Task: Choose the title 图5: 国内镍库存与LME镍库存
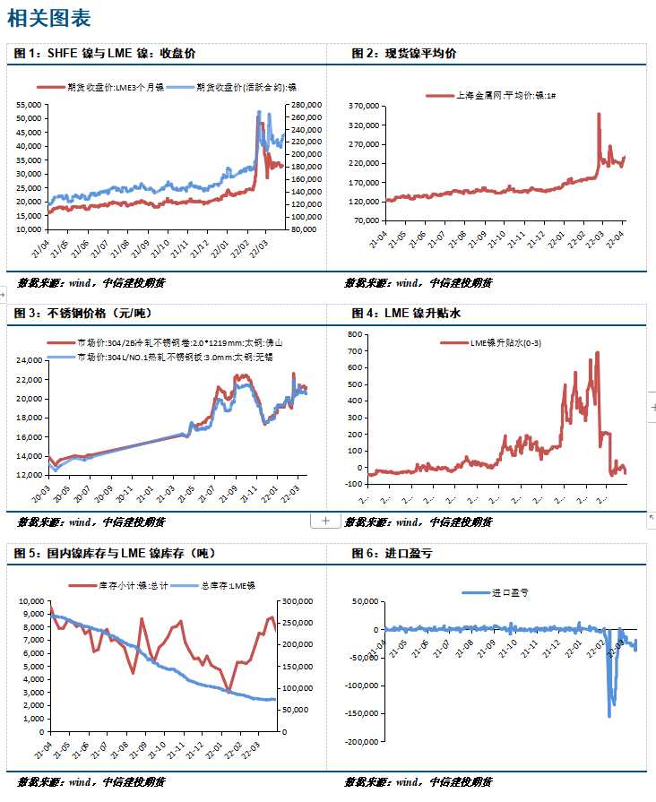pos(115,554)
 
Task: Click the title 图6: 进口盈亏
pos(392,554)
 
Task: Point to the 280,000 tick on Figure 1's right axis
pos(305,105)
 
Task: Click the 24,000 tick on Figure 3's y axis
pos(28,360)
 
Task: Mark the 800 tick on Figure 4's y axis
pos(354,334)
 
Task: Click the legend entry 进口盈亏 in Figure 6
pos(509,593)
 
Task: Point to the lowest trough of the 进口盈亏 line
pos(609,715)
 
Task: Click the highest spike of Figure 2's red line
pos(598,115)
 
